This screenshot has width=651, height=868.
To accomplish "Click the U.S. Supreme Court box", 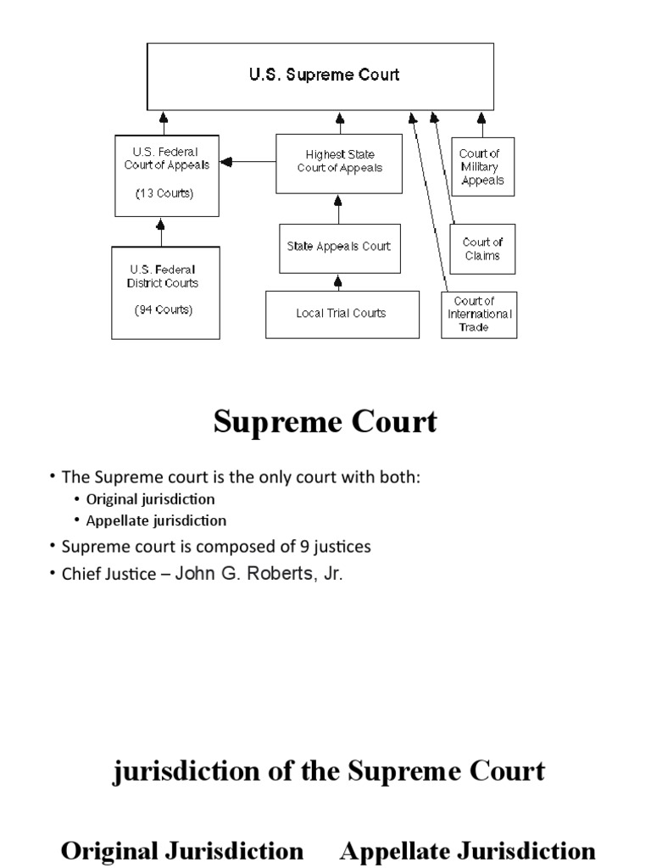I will coord(323,75).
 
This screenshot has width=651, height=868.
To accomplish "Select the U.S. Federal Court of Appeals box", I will coord(166,175).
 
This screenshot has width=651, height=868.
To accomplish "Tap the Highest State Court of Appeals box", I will coord(339,163).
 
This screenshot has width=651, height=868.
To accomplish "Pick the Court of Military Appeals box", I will coord(481,166).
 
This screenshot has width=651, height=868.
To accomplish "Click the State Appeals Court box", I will coord(338,247).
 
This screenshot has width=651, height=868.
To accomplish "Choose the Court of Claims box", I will coord(481,248).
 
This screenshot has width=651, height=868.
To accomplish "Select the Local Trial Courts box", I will coord(341,314).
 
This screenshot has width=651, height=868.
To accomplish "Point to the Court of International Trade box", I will coord(479,314).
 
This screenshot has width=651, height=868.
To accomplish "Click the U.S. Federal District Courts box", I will coord(165,292).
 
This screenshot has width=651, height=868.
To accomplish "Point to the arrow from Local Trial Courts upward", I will coord(338,282).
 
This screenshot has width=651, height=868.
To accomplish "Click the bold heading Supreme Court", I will coord(325,421).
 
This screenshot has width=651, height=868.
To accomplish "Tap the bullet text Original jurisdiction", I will coord(150,499).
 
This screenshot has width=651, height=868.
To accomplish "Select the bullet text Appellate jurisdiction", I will coord(156,520).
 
